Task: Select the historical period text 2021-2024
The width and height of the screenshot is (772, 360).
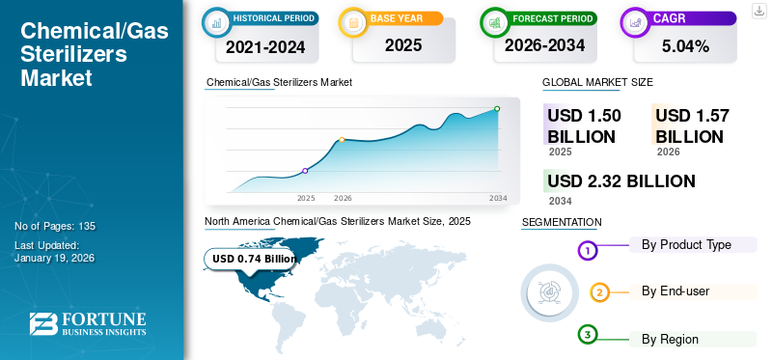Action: [x=265, y=45]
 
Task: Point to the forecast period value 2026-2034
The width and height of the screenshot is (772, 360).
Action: [x=545, y=45]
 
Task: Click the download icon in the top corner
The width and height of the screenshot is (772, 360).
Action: [x=758, y=10]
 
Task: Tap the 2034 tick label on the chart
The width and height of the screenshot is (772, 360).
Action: [x=498, y=198]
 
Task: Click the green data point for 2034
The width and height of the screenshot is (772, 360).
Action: [x=497, y=109]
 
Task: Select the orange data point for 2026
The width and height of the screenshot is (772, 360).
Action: [x=342, y=140]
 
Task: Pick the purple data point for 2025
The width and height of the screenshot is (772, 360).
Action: [x=306, y=171]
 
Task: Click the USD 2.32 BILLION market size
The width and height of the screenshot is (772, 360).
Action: [x=620, y=181]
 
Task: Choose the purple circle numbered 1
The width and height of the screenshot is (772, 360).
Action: [x=588, y=251]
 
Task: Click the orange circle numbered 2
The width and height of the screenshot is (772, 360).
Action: [x=599, y=292]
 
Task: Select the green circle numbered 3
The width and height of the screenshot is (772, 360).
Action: [x=588, y=334]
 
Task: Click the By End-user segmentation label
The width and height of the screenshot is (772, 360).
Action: [x=675, y=291]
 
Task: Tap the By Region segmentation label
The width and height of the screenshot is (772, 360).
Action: [x=670, y=339]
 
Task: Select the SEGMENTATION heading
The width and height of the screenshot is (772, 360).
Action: [x=562, y=222]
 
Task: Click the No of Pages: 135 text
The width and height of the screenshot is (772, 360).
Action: [x=55, y=226]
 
